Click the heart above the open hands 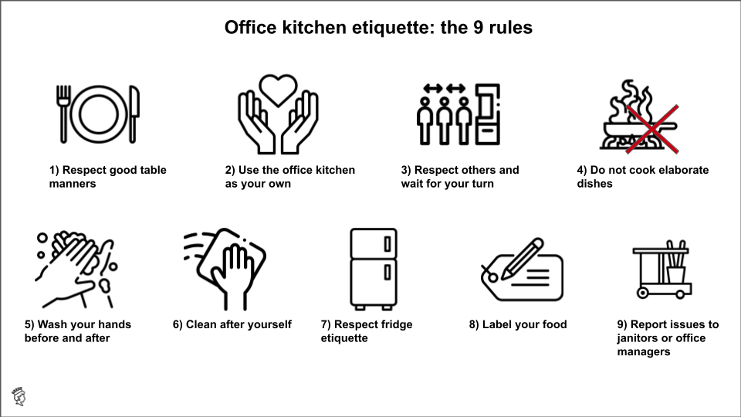[278, 88]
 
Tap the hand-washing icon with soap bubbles [73, 267]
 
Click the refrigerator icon [373, 266]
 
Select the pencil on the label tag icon [518, 256]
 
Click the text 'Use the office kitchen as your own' [290, 177]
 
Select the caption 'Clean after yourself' [232, 324]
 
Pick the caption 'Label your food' [517, 324]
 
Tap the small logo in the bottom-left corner [19, 396]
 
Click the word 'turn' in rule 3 [481, 184]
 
